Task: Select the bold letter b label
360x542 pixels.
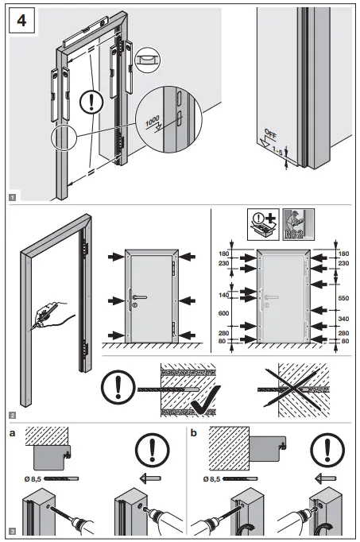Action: pyautogui.click(x=195, y=435)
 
